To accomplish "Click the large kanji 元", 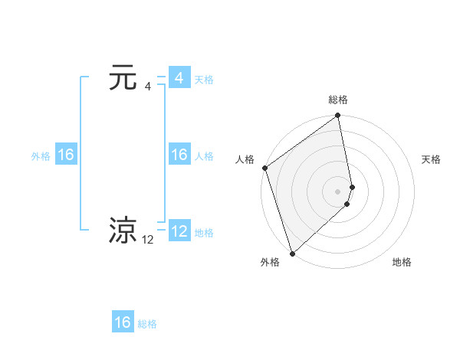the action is [123, 78].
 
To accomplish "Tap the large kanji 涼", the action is [123, 231].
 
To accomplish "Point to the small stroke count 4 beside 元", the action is [148, 87].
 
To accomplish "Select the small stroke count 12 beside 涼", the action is [148, 240].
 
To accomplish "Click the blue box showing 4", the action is [179, 78].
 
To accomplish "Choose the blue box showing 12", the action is [179, 231].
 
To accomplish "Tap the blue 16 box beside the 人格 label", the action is [179, 155].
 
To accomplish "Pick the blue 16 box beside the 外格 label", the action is [65, 155].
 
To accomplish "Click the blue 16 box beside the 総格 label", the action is [123, 322].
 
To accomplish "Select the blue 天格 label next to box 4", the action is [204, 80].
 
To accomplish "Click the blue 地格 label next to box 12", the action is [204, 233].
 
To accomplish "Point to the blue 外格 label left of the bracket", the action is [41, 156].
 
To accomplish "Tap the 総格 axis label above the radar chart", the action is [338, 100].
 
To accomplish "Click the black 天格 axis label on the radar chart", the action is [431, 159].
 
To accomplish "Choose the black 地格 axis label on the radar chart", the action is [402, 262].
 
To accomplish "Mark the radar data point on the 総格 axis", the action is [338, 116].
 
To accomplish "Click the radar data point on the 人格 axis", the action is [264, 168].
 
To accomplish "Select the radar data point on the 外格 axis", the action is [292, 253].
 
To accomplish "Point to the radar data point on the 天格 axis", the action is [352, 186].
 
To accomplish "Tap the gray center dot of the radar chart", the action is [338, 191].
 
